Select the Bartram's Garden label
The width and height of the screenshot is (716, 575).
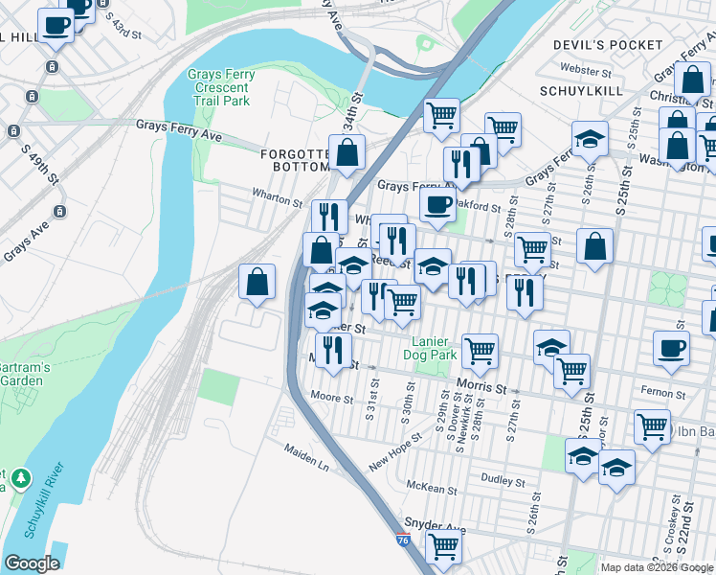click(21, 374)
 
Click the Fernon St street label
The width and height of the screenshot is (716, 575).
click(629, 392)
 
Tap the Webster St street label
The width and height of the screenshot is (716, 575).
click(586, 71)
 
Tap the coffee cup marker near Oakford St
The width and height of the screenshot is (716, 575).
click(437, 205)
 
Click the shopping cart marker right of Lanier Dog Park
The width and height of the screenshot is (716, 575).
click(479, 351)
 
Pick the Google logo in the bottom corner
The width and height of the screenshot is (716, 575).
click(32, 563)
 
